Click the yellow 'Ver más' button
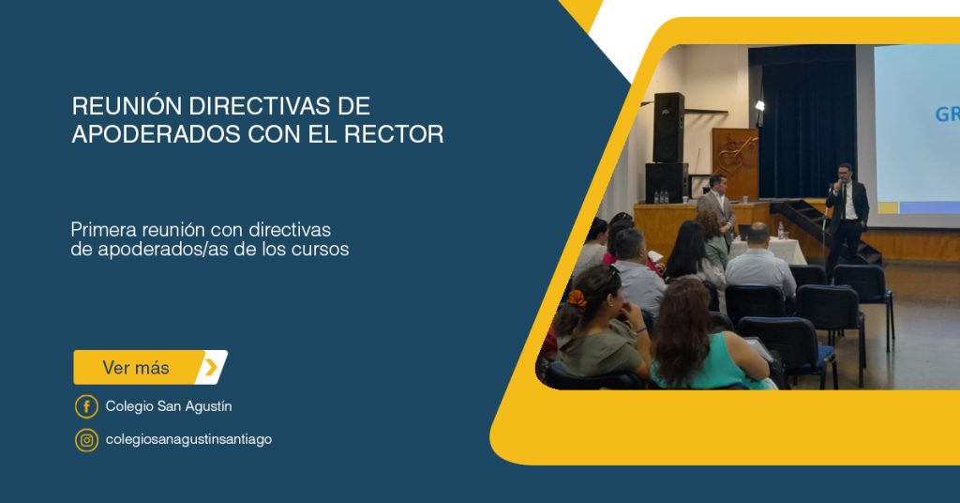[x=150, y=367]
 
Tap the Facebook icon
[x=86, y=406]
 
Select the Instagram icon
[x=86, y=440]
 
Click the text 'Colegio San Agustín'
[x=169, y=406]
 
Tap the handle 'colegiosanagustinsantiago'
[x=188, y=440]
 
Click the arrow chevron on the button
[x=211, y=367]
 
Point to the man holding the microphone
[x=847, y=218]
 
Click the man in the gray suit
[x=716, y=206]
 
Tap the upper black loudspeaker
[x=667, y=128]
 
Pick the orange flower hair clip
[x=577, y=298]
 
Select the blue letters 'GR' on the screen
[x=947, y=114]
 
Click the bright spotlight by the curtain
[x=759, y=106]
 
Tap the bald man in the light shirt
[x=759, y=260]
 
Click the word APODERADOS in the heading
[x=157, y=134]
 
